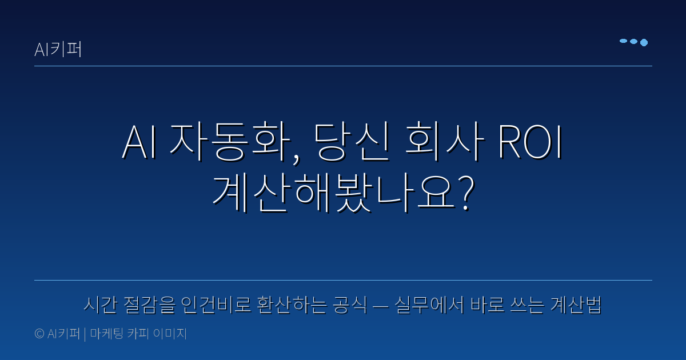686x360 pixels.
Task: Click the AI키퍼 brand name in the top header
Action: pos(58,50)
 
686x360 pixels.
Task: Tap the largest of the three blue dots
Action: pos(644,42)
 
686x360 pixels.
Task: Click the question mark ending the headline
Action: pos(466,194)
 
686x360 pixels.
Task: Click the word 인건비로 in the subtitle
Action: pos(218,306)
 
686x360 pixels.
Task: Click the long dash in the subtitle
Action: pos(380,307)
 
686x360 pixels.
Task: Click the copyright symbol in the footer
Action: pos(39,334)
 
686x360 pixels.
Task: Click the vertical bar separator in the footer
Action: pos(85,334)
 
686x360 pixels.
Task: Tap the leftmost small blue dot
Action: pos(623,41)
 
